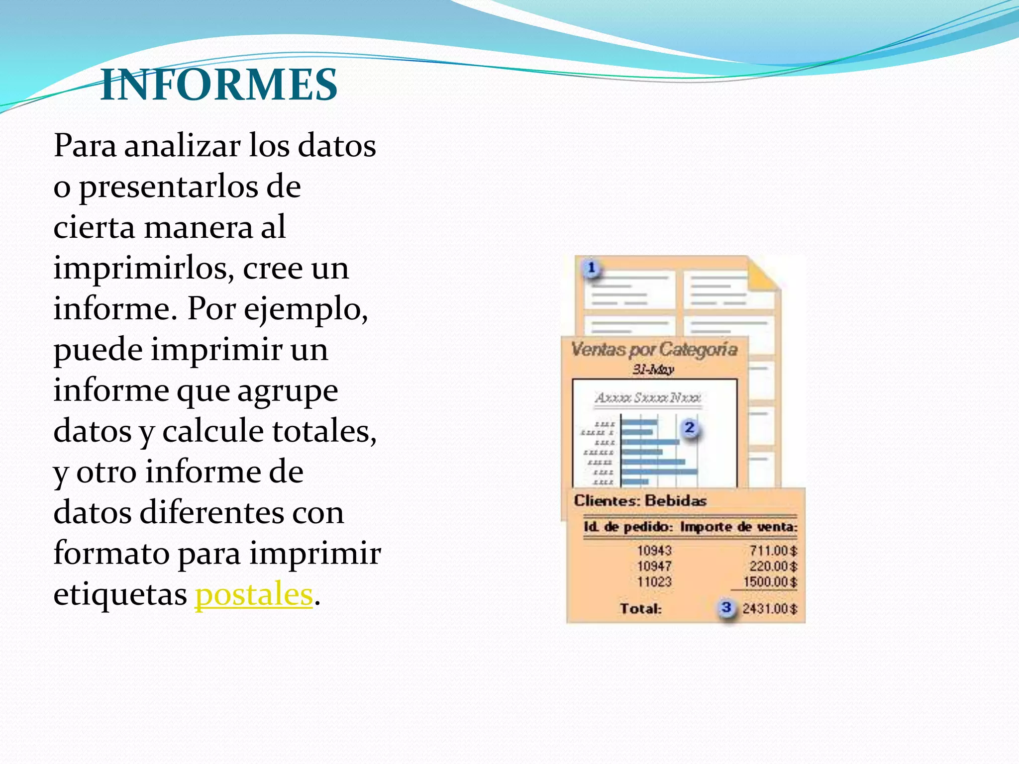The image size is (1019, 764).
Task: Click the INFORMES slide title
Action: click(219, 85)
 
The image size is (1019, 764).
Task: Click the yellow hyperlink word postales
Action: click(254, 594)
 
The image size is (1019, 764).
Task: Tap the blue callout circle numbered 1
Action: click(591, 268)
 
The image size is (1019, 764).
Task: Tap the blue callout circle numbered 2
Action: click(690, 428)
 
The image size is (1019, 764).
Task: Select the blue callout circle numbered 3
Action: click(726, 607)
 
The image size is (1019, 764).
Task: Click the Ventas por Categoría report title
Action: click(654, 350)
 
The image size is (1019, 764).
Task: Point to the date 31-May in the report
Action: click(653, 370)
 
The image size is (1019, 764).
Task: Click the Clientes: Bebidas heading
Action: click(640, 500)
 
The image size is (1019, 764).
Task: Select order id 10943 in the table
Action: click(654, 551)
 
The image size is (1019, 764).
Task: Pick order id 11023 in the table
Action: click(654, 581)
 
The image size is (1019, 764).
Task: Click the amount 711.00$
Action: click(773, 551)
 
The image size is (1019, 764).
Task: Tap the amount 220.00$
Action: click(773, 566)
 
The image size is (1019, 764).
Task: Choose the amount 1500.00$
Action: click(770, 581)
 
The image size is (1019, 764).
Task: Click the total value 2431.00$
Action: click(770, 608)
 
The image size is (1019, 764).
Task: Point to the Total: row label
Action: click(641, 608)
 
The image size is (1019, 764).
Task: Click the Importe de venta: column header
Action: click(739, 527)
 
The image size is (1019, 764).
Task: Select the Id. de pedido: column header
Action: click(628, 527)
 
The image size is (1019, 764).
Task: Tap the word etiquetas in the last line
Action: click(120, 594)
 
